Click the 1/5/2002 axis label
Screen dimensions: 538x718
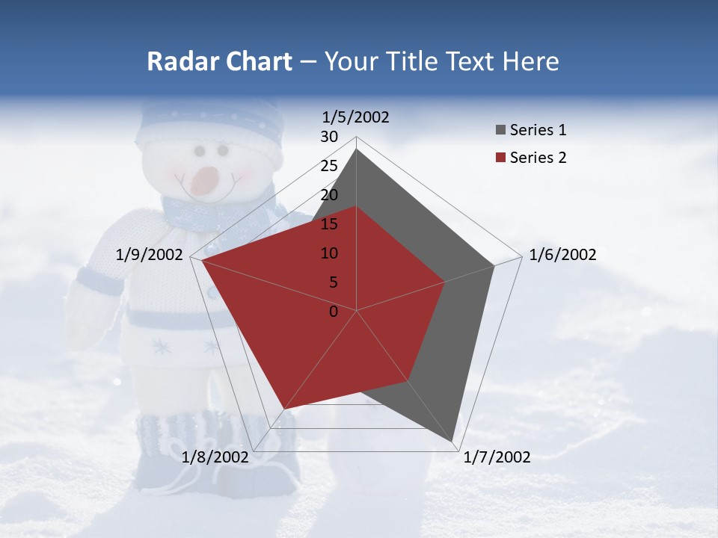pos(356,117)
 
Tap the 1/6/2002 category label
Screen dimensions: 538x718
pos(562,255)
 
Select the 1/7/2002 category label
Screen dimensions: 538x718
pos(497,457)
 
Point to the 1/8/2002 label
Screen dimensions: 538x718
pos(215,457)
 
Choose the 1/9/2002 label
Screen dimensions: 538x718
pos(150,255)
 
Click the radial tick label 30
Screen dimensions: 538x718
pos(329,137)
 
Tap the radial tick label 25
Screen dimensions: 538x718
pos(329,166)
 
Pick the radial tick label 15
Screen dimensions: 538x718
pos(329,224)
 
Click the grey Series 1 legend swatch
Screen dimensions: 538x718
pos(500,131)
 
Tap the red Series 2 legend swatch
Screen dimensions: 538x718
pos(500,158)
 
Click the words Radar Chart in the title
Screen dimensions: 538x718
pos(219,61)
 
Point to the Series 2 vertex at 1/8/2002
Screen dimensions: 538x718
pos(285,409)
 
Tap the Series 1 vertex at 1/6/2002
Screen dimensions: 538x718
pos(494,265)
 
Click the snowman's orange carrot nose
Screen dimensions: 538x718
pos(203,180)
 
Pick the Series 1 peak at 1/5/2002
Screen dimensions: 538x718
pos(357,149)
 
